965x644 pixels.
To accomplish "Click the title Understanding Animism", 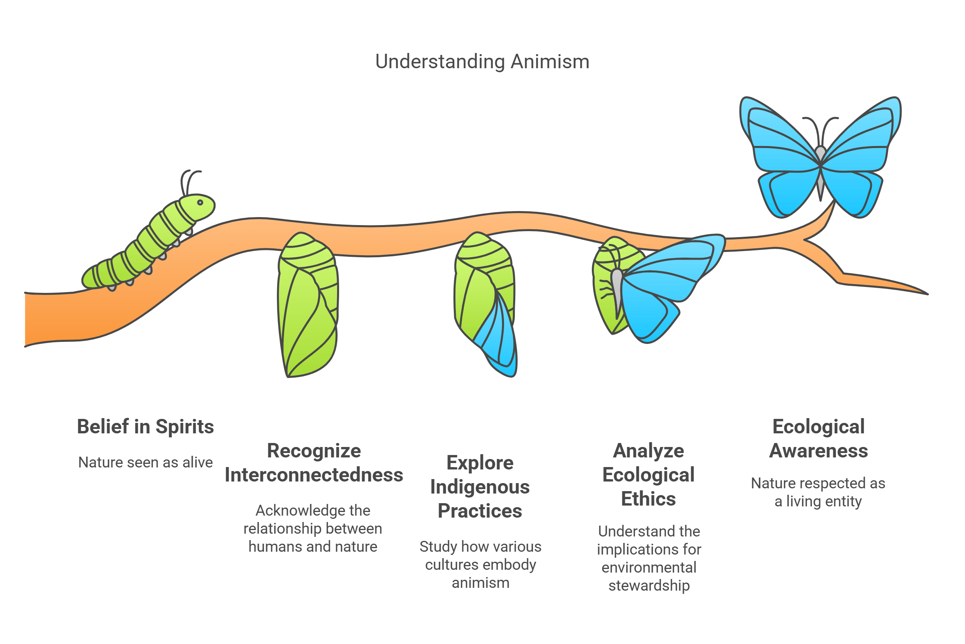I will click(482, 62).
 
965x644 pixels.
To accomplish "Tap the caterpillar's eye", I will click(200, 203).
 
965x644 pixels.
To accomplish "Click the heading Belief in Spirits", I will click(145, 427).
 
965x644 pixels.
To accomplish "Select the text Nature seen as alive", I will click(145, 463).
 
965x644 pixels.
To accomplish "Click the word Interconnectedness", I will click(314, 475).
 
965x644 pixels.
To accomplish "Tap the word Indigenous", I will click(479, 487).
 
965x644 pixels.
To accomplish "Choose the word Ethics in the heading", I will click(648, 499).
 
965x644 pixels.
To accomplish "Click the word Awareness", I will click(819, 451).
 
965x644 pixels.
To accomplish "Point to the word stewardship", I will click(649, 585).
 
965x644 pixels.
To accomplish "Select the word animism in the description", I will click(480, 583).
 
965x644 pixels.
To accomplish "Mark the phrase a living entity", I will click(818, 502).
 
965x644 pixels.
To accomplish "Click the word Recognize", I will click(314, 451).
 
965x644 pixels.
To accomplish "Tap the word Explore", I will click(479, 463).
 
